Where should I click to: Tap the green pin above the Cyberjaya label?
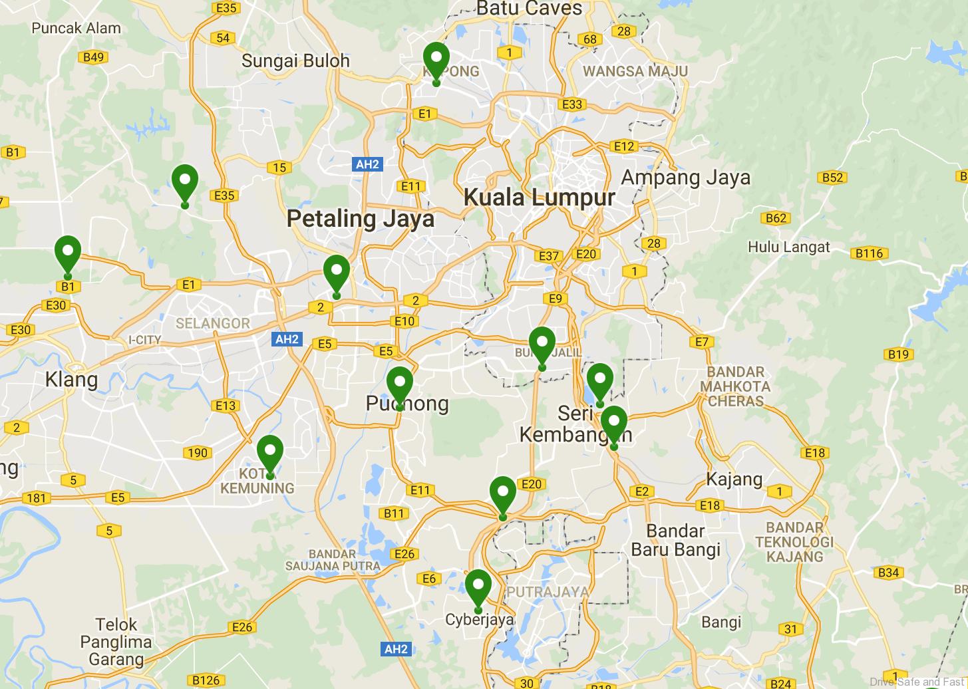tap(478, 587)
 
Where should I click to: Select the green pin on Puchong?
tap(399, 384)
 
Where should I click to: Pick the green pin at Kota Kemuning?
tap(270, 453)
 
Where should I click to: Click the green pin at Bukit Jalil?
tap(542, 344)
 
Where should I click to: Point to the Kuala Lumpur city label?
tap(539, 198)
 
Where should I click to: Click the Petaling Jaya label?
tap(361, 219)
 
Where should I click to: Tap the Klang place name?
tap(71, 380)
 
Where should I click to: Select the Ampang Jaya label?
tap(685, 178)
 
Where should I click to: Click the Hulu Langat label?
tap(788, 247)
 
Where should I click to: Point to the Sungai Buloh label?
tap(295, 61)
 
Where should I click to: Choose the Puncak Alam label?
tap(76, 28)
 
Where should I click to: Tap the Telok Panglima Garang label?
tap(116, 642)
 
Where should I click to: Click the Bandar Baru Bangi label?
tap(675, 540)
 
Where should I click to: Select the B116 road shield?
tap(868, 253)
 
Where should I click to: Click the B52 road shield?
tap(832, 177)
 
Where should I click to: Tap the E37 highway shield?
tap(549, 255)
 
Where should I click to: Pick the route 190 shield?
tap(197, 453)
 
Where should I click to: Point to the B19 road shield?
tap(898, 354)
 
